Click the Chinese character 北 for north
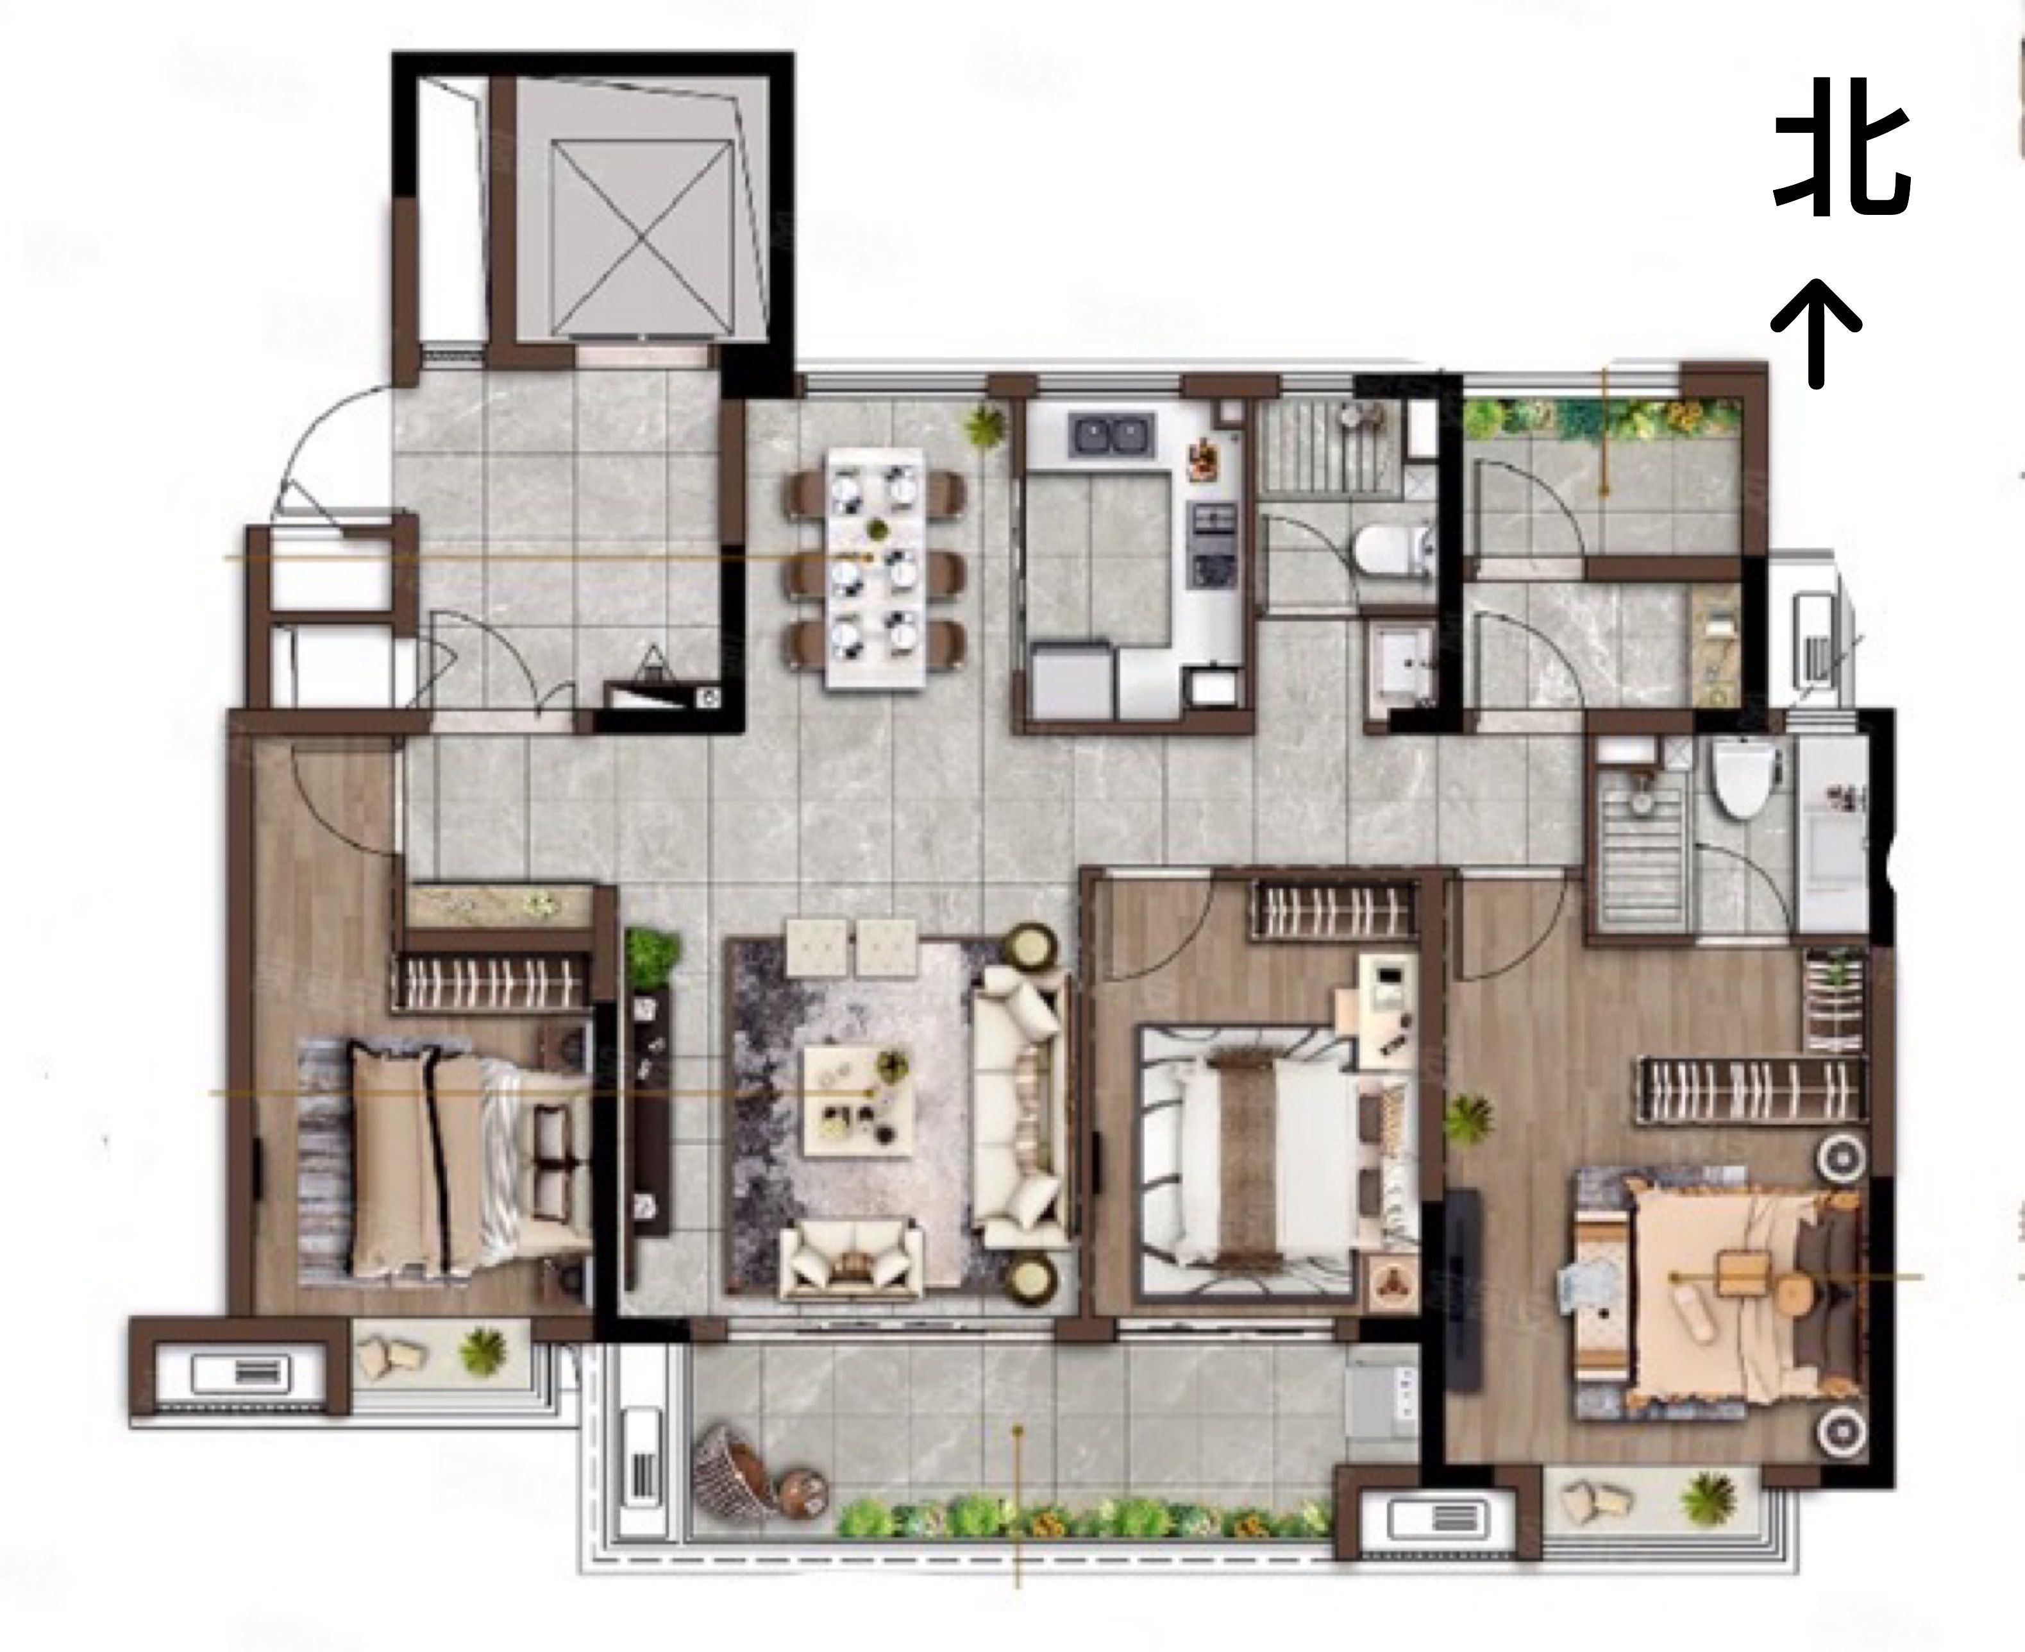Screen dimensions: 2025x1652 pos(1842,159)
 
